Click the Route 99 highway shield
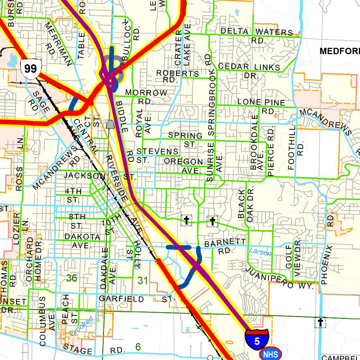[31, 68]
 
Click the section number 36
[72, 278]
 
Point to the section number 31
[143, 281]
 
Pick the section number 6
[138, 347]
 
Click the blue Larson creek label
[260, 252]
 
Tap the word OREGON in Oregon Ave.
[184, 162]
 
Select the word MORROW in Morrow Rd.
[146, 93]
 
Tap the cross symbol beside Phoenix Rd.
[320, 322]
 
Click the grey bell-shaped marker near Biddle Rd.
[110, 124]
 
